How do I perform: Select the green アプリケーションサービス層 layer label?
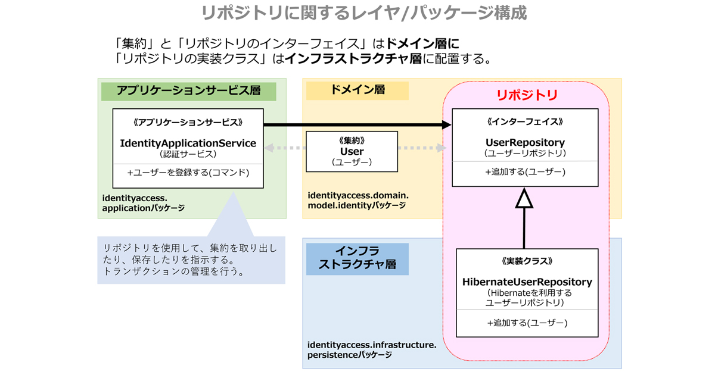pyautogui.click(x=188, y=90)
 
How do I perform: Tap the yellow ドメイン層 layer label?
pyautogui.click(x=357, y=90)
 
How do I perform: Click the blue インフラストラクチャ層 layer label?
pyautogui.click(x=357, y=257)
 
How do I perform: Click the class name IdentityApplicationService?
pyautogui.click(x=188, y=143)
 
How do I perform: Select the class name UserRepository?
pyautogui.click(x=525, y=143)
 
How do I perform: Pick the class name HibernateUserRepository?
pyautogui.click(x=527, y=282)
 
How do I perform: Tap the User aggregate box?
pyautogui.click(x=352, y=152)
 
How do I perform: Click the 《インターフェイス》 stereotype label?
pyautogui.click(x=525, y=121)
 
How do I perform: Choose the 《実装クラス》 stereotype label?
pyautogui.click(x=527, y=261)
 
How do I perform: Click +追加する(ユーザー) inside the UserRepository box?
pyautogui.click(x=525, y=172)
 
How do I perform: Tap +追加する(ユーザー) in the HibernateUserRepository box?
pyautogui.click(x=527, y=323)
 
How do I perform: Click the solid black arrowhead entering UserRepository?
pyautogui.click(x=446, y=124)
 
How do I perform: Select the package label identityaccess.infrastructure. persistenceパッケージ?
pyautogui.click(x=372, y=349)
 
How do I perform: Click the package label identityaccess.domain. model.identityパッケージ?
pyautogui.click(x=357, y=200)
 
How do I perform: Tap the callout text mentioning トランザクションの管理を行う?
pyautogui.click(x=191, y=260)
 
